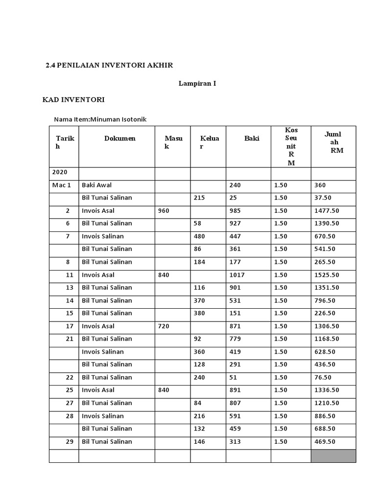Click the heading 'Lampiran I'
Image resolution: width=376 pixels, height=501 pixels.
pos(197,84)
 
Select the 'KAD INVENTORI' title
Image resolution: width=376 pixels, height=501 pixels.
pos(74,100)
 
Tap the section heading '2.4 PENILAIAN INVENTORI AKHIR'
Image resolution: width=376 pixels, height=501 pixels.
pos(109,65)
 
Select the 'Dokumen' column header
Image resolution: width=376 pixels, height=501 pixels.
pos(119,138)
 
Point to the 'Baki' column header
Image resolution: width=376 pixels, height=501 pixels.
pos(252,138)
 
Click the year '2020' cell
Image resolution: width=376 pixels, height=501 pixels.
pos(60,172)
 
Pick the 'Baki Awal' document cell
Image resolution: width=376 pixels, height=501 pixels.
pos(97,185)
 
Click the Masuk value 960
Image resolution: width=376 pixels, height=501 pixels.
pos(164,211)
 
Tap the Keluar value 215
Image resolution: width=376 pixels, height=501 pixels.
pos(199,198)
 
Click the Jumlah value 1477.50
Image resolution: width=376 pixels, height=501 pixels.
pos(327,211)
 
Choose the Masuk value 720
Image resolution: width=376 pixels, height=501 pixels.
pos(164,326)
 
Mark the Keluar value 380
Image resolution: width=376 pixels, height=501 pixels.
pos(199,313)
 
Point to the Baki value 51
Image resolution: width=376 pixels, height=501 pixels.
pos(233,378)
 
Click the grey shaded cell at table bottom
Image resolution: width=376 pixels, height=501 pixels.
pos(333,456)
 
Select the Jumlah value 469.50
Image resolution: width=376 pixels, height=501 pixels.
pos(325,442)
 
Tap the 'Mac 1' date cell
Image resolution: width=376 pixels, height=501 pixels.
pos(62,185)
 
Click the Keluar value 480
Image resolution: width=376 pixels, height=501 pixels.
pos(199,236)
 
